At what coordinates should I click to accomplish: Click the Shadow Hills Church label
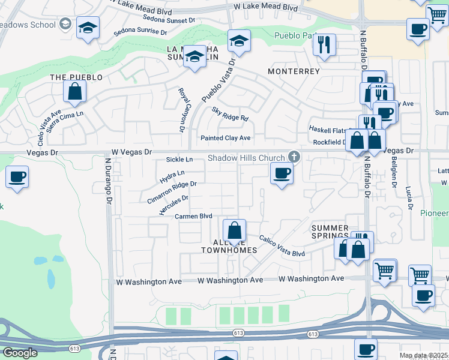click(x=247, y=158)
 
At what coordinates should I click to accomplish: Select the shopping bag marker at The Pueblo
click(x=75, y=92)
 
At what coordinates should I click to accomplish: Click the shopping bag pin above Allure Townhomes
click(x=234, y=230)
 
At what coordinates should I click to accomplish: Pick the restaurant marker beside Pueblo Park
click(x=324, y=45)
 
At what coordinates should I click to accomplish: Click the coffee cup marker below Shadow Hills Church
click(x=282, y=174)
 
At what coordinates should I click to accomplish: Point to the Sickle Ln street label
click(x=179, y=160)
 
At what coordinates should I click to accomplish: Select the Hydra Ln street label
click(x=172, y=176)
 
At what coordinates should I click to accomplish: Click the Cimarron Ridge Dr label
click(x=172, y=193)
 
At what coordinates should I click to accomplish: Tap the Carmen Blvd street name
click(x=194, y=216)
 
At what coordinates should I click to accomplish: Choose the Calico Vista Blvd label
click(x=282, y=246)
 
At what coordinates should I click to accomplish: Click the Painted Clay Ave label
click(x=225, y=138)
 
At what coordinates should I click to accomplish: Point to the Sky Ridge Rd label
click(x=230, y=114)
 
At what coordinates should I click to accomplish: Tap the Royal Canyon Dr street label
click(x=182, y=110)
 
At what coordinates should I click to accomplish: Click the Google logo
click(x=20, y=353)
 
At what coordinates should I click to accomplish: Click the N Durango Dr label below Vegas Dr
click(x=109, y=180)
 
